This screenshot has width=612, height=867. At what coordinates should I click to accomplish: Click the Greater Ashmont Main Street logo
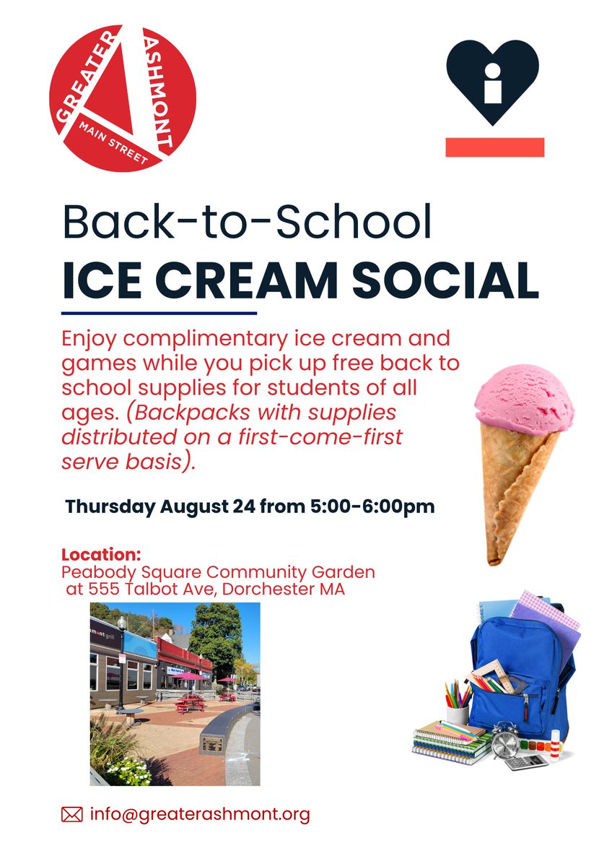123,98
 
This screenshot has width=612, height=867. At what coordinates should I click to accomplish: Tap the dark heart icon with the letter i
492,79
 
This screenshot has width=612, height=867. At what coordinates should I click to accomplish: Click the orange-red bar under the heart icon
494,147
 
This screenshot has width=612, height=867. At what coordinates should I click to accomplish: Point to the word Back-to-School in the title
247,223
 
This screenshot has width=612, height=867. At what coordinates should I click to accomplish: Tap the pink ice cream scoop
524,402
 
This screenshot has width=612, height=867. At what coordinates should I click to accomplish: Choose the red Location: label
101,556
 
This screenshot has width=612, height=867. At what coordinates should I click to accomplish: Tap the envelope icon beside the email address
72,815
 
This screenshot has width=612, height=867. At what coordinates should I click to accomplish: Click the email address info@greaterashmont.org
200,815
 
